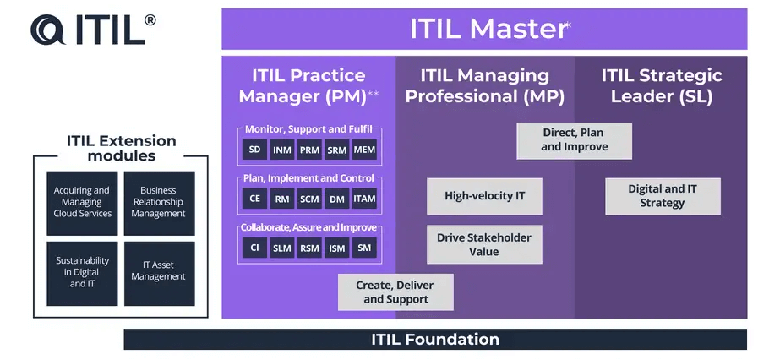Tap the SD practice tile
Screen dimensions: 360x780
[x=254, y=150]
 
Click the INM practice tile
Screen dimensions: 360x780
[x=282, y=150]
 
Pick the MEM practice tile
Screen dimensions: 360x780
[x=364, y=150]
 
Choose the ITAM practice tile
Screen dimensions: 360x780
[x=364, y=199]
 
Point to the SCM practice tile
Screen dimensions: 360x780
[x=309, y=199]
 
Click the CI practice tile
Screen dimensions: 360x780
[x=254, y=248]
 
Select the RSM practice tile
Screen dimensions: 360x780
[x=309, y=248]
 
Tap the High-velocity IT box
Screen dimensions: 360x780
[x=484, y=196]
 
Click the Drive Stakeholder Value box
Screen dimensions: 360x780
[x=484, y=244]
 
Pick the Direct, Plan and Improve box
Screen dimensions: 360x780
[x=574, y=139]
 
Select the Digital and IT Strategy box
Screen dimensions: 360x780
[x=663, y=196]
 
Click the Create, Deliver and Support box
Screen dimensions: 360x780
[x=395, y=292]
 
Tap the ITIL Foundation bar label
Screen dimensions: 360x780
[x=435, y=340]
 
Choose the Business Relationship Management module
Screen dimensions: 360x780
[x=159, y=203]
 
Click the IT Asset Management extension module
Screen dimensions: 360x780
[x=159, y=272]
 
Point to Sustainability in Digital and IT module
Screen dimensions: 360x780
[x=83, y=272]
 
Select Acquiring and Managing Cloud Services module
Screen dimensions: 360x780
[x=83, y=203]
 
